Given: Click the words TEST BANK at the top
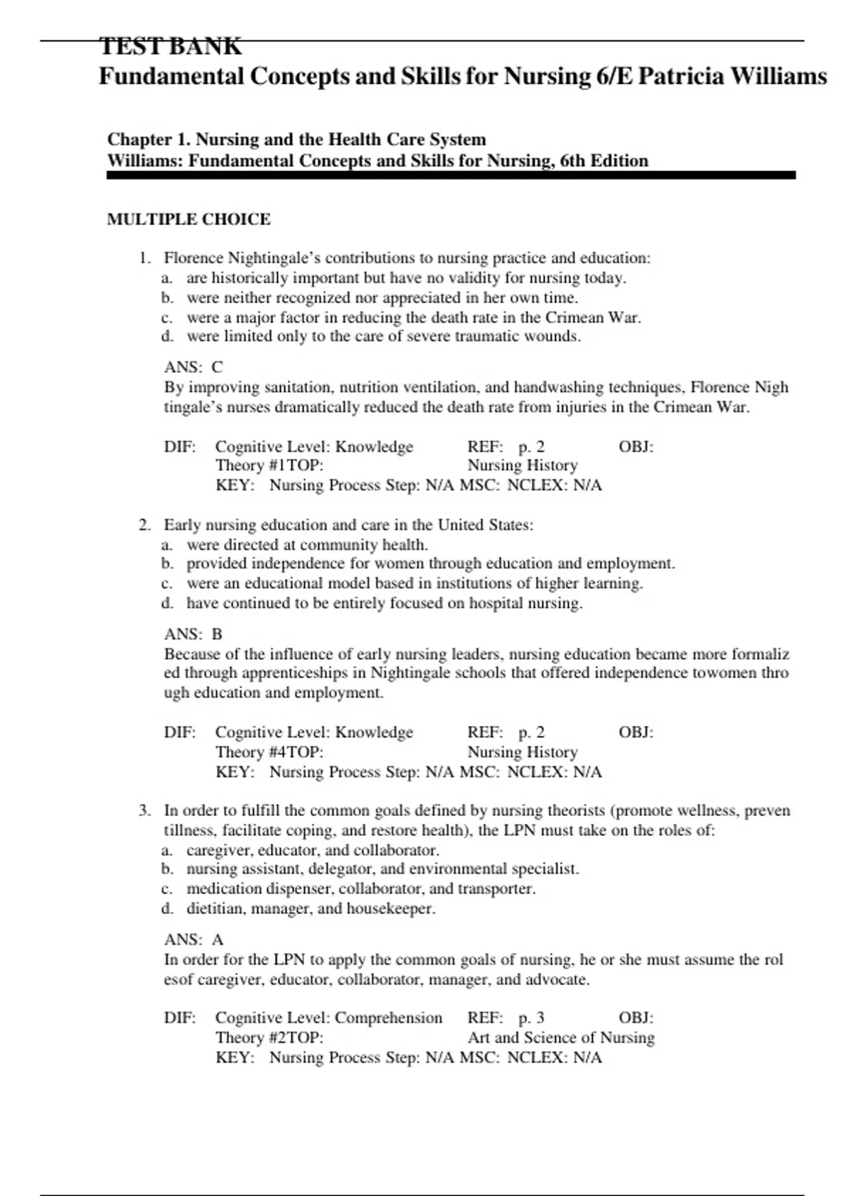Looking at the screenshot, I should coord(170,46).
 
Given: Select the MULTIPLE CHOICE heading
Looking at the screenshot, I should coord(189,220).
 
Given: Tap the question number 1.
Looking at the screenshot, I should coord(144,258).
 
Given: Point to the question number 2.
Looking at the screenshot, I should coord(144,525).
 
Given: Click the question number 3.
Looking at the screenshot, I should coord(144,810).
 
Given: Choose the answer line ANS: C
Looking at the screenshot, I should coord(194,367).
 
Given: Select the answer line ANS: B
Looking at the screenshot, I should coord(194,634).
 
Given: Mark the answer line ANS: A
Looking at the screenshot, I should coord(194,939).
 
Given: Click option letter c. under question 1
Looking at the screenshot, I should coord(167,317).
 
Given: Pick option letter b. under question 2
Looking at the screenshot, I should coord(167,564).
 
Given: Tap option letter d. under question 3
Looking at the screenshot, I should coord(167,908).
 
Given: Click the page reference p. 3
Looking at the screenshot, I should coord(532,1018).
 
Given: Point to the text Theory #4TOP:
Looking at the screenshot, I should coord(269,752).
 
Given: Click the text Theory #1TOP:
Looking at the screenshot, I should coord(269,465).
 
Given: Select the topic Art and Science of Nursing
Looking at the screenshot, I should coord(561,1038).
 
